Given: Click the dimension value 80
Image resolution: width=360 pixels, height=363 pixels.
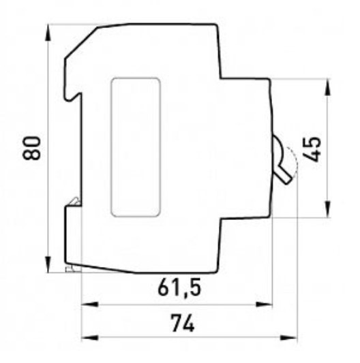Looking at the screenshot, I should pyautogui.click(x=31, y=147).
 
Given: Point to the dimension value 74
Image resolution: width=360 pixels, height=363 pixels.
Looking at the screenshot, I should pyautogui.click(x=183, y=323).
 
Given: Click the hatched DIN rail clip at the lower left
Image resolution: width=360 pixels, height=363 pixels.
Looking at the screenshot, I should pyautogui.click(x=73, y=202).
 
